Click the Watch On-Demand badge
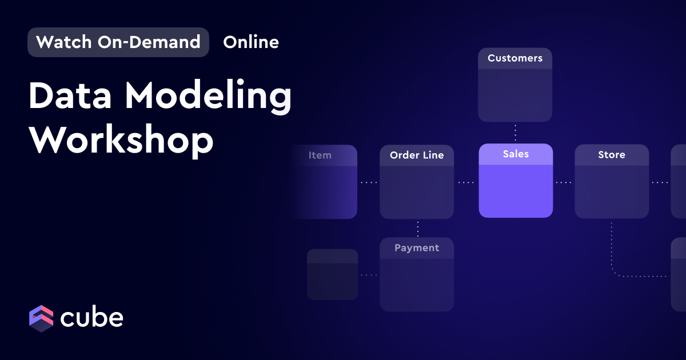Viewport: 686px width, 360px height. pyautogui.click(x=118, y=42)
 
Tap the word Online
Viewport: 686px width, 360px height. pyautogui.click(x=251, y=42)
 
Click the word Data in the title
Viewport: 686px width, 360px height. pyautogui.click(x=70, y=95)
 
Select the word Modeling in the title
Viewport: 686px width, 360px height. pyautogui.click(x=208, y=97)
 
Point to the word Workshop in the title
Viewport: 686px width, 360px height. pyautogui.click(x=121, y=140)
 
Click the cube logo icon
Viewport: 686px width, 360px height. pyautogui.click(x=41, y=318)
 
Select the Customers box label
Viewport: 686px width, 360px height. pyautogui.click(x=515, y=58)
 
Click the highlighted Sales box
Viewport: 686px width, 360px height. pyautogui.click(x=516, y=181)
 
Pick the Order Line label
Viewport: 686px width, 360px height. pyautogui.click(x=417, y=155)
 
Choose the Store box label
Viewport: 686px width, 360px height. pyautogui.click(x=612, y=155)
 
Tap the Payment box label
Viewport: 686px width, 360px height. pyautogui.click(x=417, y=247)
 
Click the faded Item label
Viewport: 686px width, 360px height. pyautogui.click(x=320, y=155)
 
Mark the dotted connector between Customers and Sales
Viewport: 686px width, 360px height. pyautogui.click(x=516, y=133)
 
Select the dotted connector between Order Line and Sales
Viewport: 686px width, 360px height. pyautogui.click(x=466, y=182)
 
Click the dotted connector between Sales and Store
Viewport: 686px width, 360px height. pyautogui.click(x=564, y=182)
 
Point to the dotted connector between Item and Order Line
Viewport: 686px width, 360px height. pyautogui.click(x=369, y=182)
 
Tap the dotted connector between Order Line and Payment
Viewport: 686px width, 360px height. pyautogui.click(x=418, y=229)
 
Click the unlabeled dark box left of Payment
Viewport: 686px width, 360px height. pyautogui.click(x=332, y=274)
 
